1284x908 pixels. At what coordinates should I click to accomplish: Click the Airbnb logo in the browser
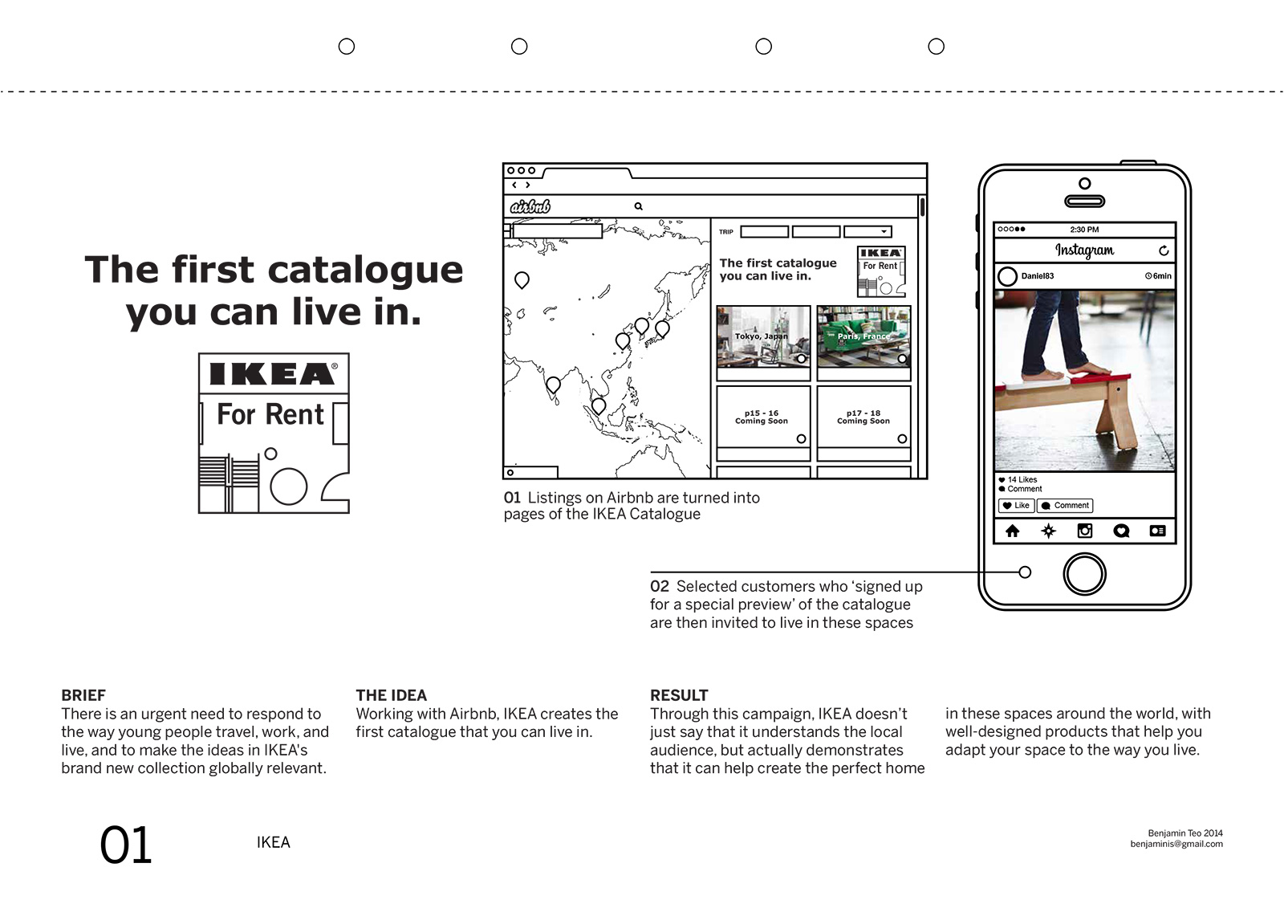click(x=530, y=206)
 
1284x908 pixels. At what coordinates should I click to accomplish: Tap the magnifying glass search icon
click(x=639, y=206)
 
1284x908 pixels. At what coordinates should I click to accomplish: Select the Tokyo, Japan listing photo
click(x=762, y=336)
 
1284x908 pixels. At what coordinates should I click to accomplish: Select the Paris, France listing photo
click(x=863, y=336)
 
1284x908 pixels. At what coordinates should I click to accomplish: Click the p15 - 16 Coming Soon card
click(x=762, y=417)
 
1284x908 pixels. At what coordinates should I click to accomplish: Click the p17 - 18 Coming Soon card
click(x=863, y=417)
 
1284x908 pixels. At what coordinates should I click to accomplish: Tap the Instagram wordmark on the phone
click(x=1084, y=250)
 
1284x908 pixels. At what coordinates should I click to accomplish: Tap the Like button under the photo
click(x=1016, y=506)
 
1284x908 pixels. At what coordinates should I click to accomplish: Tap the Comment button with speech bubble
click(x=1065, y=506)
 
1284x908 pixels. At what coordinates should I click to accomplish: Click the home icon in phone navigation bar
click(x=1013, y=531)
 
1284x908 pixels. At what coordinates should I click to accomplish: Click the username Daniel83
click(x=1037, y=276)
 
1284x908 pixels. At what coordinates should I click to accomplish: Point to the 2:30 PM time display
click(x=1084, y=230)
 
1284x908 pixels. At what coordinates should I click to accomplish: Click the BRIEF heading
click(x=83, y=695)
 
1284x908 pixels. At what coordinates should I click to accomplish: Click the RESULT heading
click(x=679, y=695)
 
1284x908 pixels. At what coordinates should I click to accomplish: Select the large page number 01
click(x=126, y=846)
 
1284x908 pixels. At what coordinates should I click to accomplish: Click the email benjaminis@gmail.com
click(x=1176, y=844)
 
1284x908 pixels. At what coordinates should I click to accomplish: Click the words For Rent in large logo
click(x=270, y=415)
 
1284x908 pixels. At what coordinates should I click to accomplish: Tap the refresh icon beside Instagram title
click(x=1164, y=251)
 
